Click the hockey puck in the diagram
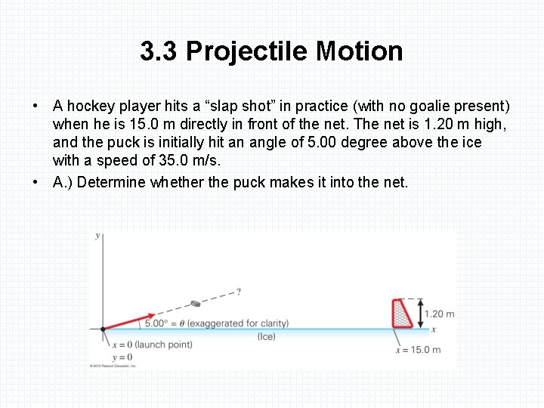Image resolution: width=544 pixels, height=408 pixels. [196, 303]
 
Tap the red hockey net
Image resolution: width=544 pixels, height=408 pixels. [403, 314]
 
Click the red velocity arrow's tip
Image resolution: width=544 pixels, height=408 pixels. [154, 314]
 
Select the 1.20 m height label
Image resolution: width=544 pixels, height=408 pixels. [440, 314]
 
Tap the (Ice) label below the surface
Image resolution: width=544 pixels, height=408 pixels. [266, 336]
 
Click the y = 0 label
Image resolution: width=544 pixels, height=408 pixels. [122, 357]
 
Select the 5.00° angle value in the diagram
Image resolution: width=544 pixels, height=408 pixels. [156, 323]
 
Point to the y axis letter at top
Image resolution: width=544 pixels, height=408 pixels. [98, 236]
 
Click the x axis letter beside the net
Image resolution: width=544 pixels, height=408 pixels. [433, 329]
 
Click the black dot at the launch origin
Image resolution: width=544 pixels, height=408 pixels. [103, 329]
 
